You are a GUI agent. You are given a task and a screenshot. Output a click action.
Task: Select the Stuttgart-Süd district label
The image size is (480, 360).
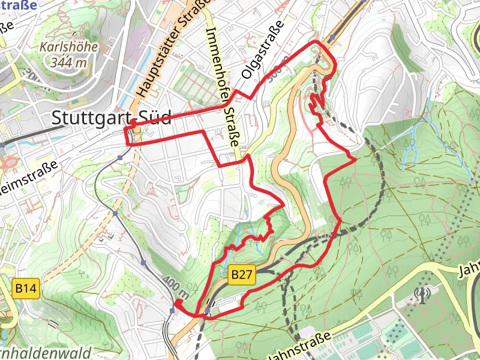[112, 118]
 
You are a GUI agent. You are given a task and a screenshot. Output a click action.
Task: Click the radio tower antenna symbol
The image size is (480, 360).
[422, 294]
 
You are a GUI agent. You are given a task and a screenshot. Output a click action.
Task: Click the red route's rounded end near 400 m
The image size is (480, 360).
[177, 301]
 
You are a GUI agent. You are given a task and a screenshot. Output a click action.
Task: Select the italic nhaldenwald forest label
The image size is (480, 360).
[44, 352]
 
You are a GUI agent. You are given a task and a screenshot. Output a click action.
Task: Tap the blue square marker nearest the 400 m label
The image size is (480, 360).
[173, 310]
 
